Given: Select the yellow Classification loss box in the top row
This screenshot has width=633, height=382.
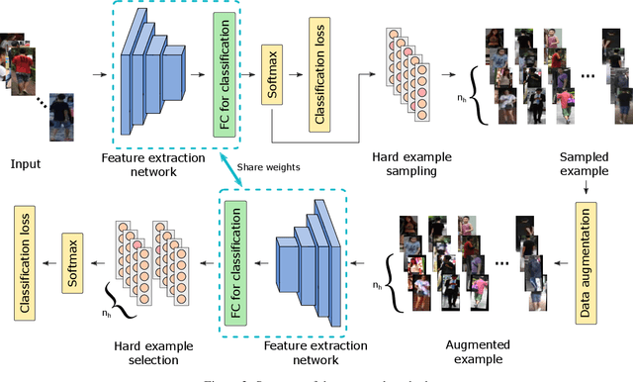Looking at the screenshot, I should click(x=321, y=76).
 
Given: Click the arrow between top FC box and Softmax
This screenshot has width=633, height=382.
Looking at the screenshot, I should click(x=249, y=71).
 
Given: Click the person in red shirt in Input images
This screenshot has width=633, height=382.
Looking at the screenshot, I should click(x=22, y=61).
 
